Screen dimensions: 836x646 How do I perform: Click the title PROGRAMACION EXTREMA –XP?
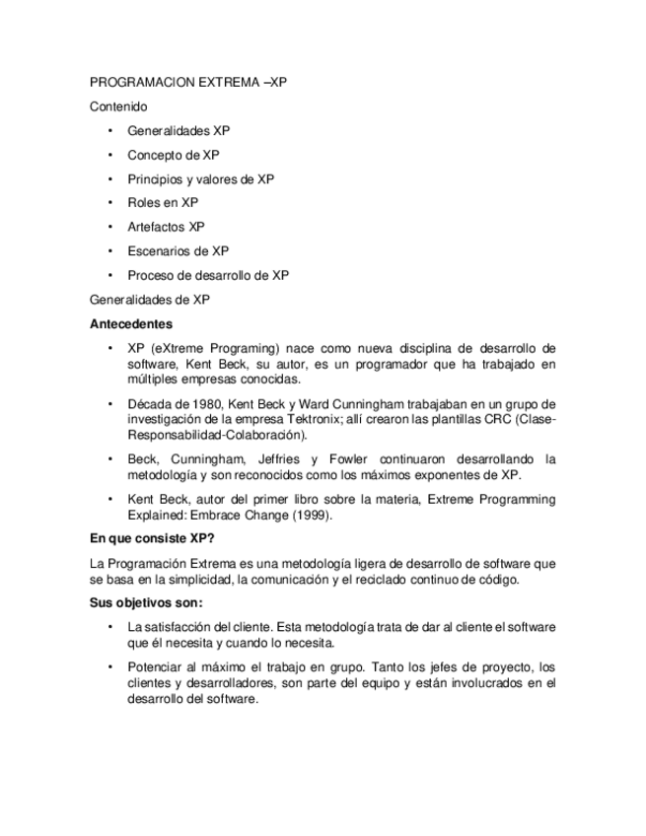tap(187, 83)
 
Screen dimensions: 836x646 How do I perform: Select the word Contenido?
tap(118, 106)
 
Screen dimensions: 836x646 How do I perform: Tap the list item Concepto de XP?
tap(173, 155)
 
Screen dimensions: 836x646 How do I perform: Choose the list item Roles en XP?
tap(162, 203)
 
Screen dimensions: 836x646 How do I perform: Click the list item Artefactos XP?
tap(166, 227)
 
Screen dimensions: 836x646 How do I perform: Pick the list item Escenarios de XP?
tap(178, 251)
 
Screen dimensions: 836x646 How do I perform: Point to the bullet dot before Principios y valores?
tap(110, 179)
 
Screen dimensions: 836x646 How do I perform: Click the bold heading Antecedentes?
tap(131, 323)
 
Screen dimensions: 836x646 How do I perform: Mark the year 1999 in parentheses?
tap(315, 516)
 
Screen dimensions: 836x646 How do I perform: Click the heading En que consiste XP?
tap(153, 540)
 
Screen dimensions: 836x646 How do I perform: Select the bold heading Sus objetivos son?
tap(146, 603)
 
